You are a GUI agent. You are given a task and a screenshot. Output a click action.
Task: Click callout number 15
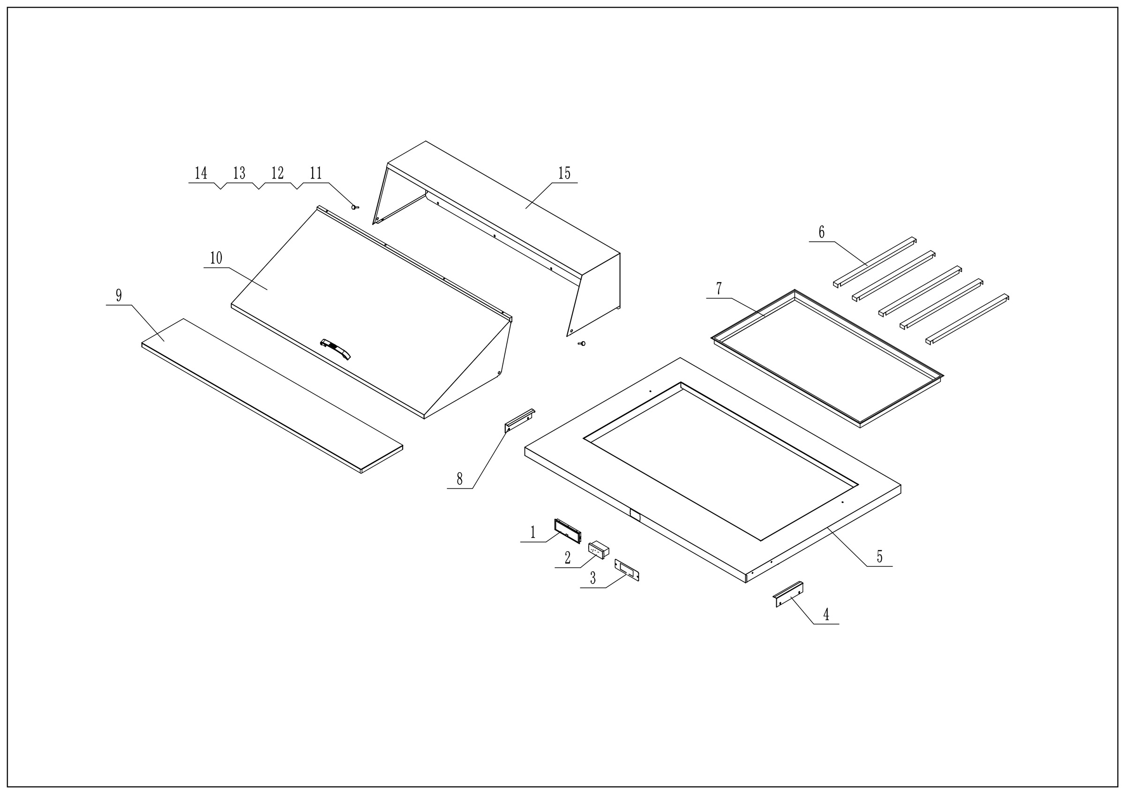click(564, 173)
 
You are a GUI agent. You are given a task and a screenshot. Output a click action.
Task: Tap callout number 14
click(201, 173)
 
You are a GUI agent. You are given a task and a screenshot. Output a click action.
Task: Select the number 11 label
click(315, 173)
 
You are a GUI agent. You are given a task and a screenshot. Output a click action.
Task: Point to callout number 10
click(216, 258)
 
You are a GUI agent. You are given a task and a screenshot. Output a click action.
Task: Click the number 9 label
click(119, 295)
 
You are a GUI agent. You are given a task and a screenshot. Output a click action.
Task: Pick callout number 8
click(459, 479)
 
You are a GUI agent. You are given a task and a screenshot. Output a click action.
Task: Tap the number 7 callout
click(719, 289)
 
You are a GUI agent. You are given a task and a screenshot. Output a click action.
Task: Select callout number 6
click(822, 232)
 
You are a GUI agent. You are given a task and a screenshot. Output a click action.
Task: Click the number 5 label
click(879, 557)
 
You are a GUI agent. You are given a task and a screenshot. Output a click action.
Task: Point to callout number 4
click(826, 614)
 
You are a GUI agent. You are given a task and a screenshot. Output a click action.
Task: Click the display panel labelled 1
click(567, 531)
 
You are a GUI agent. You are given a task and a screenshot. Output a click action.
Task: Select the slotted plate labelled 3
click(627, 570)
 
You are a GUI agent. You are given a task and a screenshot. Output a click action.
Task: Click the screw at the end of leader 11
click(355, 207)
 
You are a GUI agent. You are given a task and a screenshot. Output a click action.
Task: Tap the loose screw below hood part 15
click(582, 344)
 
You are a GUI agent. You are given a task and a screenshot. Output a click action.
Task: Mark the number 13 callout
click(239, 173)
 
